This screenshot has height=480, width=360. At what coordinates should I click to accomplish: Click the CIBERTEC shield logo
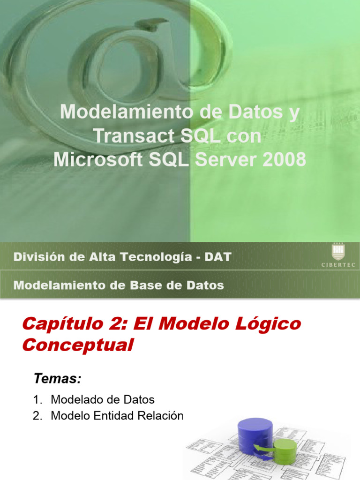337,252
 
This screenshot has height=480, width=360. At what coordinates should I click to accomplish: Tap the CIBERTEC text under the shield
337,265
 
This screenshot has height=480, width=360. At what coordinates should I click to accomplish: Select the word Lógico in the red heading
270,324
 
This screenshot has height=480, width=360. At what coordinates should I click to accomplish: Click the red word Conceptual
78,345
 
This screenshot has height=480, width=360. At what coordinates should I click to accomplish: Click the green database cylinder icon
285,450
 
